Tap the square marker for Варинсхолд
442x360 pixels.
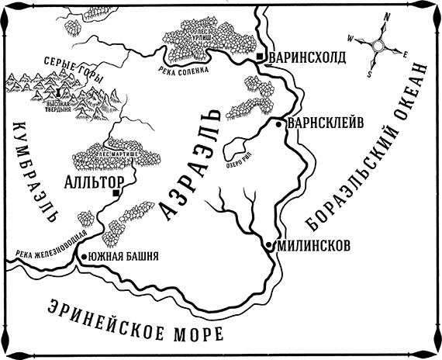point(261,58)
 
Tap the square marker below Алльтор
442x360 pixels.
point(116,192)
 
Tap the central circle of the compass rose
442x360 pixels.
point(378,47)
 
